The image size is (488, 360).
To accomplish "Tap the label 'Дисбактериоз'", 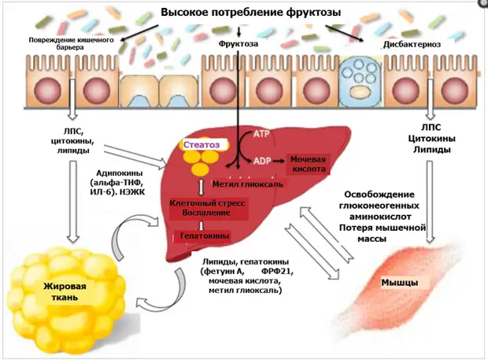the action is pos(412,44).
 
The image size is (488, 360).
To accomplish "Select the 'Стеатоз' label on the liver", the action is pos(201,145).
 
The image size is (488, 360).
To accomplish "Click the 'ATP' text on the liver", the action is pos(261,134).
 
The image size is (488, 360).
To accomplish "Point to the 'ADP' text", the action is pos(262,161).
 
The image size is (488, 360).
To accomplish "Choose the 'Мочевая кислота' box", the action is pos(308,164).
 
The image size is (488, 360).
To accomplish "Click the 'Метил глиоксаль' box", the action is pos(248,184).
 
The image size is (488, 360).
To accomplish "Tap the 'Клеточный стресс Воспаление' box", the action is pos(207,208).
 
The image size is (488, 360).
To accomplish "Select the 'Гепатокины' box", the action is pos(205,236).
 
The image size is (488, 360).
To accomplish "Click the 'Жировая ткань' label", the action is pos(65,291).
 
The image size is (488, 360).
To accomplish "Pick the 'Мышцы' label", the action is pos(400,283).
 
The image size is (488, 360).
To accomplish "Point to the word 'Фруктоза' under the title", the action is pos(238,43).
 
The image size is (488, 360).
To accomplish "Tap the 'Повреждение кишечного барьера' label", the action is pos(71,43).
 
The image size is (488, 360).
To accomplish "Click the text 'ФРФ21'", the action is pos(277,272).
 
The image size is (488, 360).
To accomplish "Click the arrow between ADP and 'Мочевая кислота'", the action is pos(279,161).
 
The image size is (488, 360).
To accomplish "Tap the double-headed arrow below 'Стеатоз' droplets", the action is pos(201,187).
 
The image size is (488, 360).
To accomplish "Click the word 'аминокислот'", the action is pos(380,217).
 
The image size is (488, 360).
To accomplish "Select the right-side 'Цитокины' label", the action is pos(431,139).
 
